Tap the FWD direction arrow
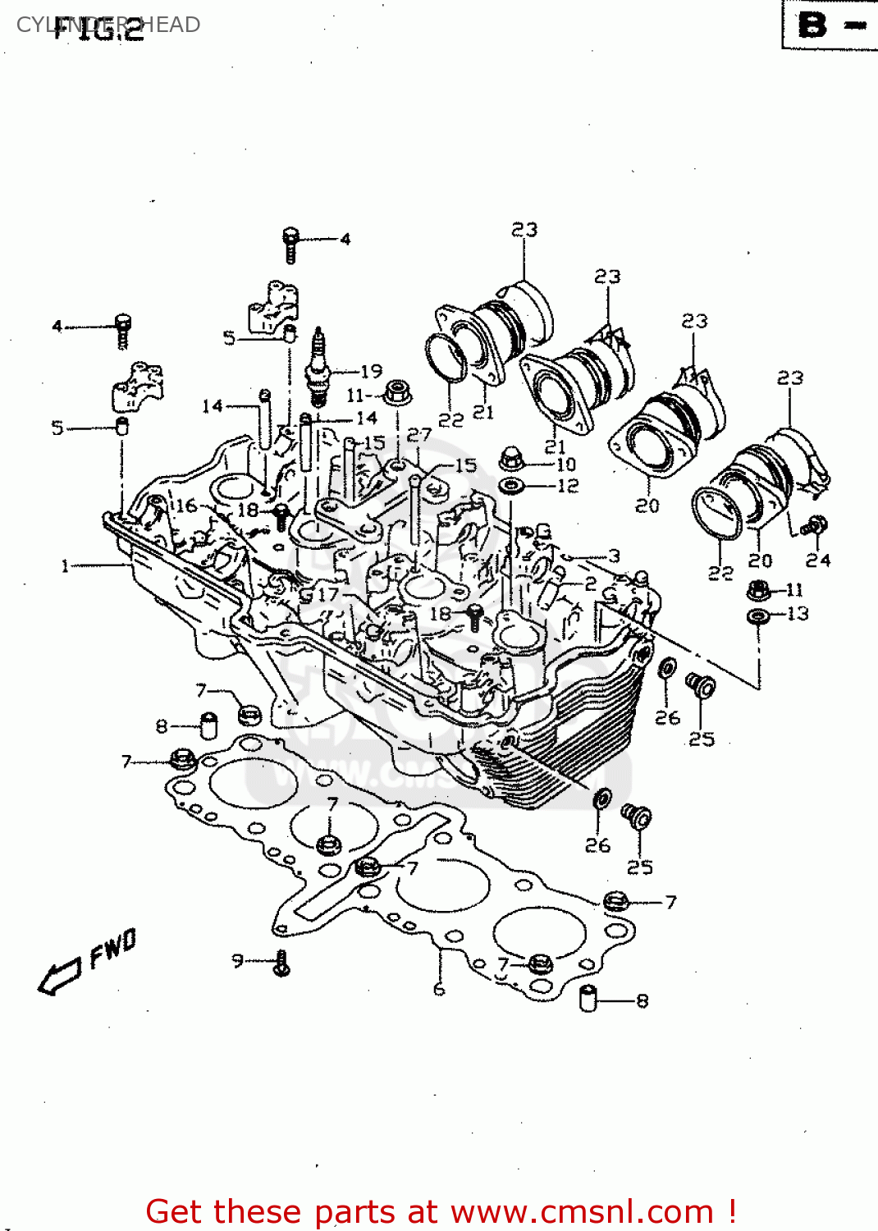(x=59, y=977)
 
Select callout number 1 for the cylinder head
(x=65, y=565)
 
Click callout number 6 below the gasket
(x=439, y=990)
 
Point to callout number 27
(x=418, y=435)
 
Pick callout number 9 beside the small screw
(x=237, y=959)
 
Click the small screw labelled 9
(x=281, y=963)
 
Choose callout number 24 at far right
(x=817, y=561)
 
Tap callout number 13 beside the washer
(x=797, y=614)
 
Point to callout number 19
(x=371, y=371)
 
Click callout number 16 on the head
(x=186, y=506)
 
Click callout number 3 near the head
(x=614, y=556)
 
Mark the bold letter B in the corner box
(x=812, y=25)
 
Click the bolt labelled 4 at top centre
(x=290, y=244)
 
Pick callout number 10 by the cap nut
(x=566, y=464)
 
